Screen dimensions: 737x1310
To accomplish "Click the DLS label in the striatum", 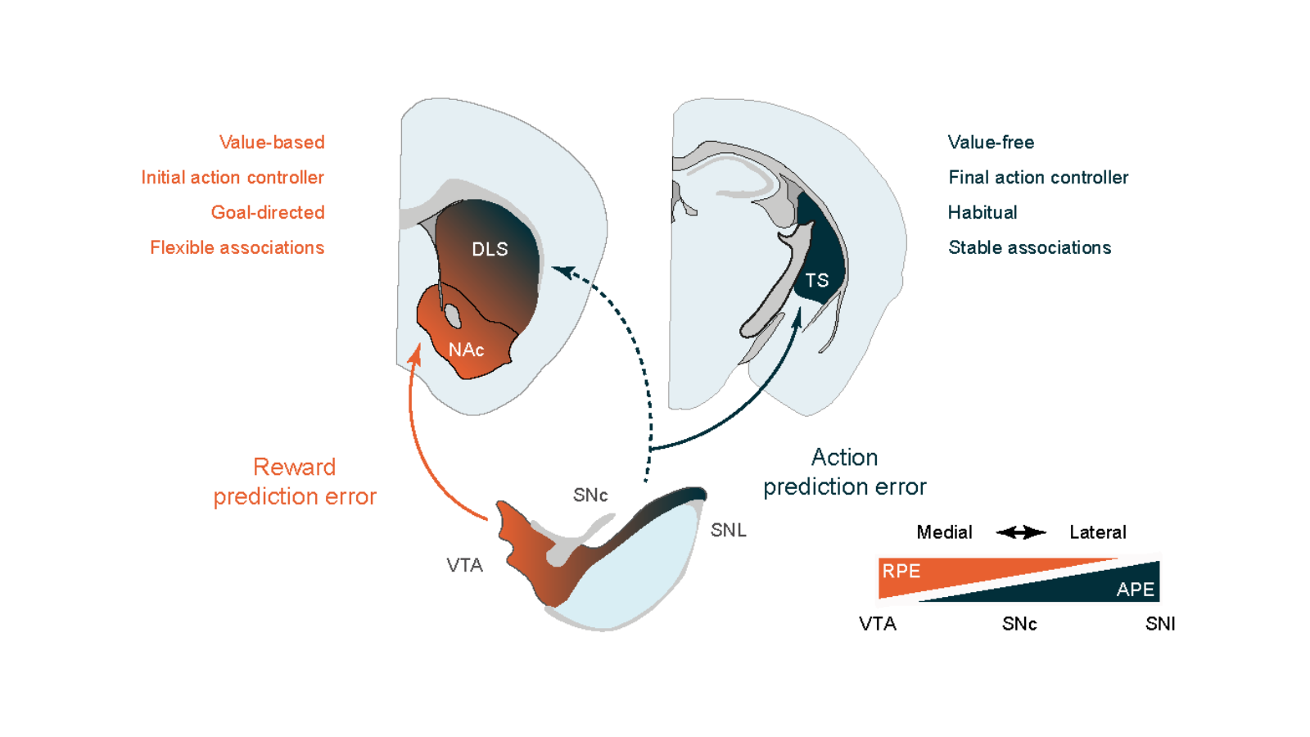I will pyautogui.click(x=490, y=250).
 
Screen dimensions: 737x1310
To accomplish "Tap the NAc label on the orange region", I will pyautogui.click(x=466, y=350).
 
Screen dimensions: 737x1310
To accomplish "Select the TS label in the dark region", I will pyautogui.click(x=816, y=281).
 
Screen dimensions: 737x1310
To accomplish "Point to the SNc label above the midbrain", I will pyautogui.click(x=590, y=495).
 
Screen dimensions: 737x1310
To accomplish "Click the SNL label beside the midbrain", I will pyautogui.click(x=728, y=531).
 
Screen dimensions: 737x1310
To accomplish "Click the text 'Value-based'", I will pyautogui.click(x=272, y=142).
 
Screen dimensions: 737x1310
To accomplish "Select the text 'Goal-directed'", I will pyautogui.click(x=268, y=213).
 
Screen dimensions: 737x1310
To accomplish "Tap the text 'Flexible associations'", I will pyautogui.click(x=237, y=248).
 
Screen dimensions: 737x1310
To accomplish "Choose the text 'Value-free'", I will pyautogui.click(x=991, y=142).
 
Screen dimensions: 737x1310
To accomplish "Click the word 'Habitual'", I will pyautogui.click(x=982, y=213).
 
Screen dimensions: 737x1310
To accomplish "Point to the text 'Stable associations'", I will pyautogui.click(x=1029, y=248).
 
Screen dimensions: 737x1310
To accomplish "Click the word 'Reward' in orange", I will pyautogui.click(x=294, y=467).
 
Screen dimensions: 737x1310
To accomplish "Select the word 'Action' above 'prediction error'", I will pyautogui.click(x=844, y=457).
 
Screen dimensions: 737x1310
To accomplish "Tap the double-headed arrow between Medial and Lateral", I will pyautogui.click(x=1021, y=533).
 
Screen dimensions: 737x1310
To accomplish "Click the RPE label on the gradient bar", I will pyautogui.click(x=901, y=572).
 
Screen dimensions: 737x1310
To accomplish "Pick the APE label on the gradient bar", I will pyautogui.click(x=1135, y=590).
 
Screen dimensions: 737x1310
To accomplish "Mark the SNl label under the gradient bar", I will pyautogui.click(x=1159, y=624).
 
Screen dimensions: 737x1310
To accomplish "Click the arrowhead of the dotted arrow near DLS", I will pyautogui.click(x=562, y=271).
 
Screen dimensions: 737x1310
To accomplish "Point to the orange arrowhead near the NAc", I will pyautogui.click(x=416, y=354).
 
